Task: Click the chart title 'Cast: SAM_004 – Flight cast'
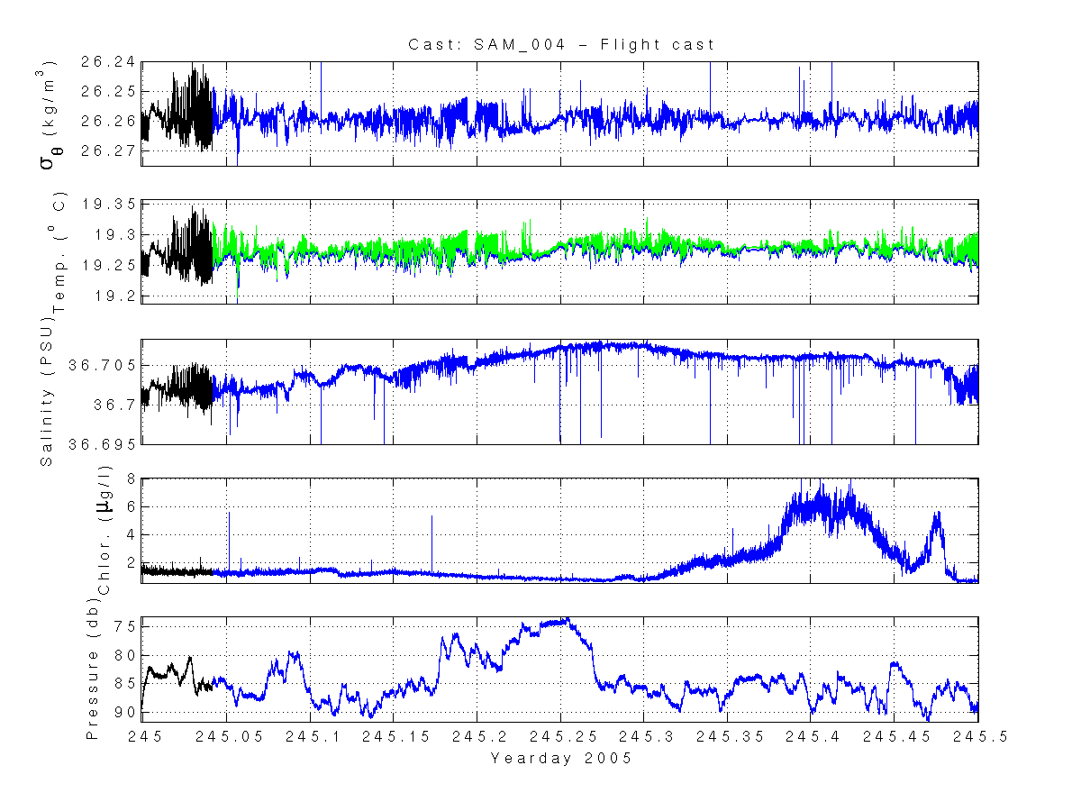(561, 44)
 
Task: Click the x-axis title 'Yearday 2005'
(560, 759)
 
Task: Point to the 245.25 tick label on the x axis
(560, 736)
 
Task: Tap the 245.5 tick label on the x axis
(978, 736)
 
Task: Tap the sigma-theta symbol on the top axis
(48, 142)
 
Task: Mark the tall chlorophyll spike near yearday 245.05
(229, 513)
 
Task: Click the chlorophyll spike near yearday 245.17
(431, 517)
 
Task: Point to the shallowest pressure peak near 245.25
(565, 619)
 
